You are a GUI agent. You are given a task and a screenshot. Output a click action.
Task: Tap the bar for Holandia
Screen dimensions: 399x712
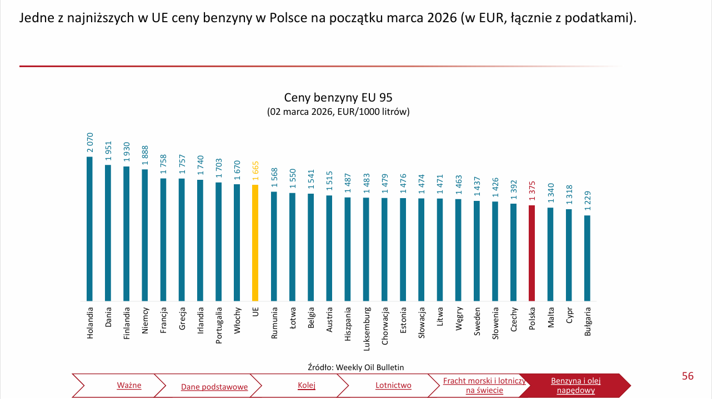pos(89,229)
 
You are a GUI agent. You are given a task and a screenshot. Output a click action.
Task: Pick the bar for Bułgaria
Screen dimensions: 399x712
pos(587,258)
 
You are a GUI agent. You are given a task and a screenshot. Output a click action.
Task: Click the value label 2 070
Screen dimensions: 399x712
pos(89,143)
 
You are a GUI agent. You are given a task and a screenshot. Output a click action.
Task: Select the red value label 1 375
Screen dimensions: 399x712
pos(532,191)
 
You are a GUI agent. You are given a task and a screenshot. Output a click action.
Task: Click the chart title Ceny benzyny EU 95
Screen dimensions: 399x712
pos(338,98)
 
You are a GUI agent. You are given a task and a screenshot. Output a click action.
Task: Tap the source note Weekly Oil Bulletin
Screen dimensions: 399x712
pos(355,367)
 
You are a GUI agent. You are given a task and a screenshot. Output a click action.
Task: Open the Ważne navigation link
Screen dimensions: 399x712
pos(129,385)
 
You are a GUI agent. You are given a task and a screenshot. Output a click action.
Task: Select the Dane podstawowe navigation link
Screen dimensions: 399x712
pos(214,387)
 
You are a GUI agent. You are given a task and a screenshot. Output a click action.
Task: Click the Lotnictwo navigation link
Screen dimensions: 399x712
pos(393,385)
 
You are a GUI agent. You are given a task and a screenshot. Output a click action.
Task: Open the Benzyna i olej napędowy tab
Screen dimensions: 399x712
pos(575,386)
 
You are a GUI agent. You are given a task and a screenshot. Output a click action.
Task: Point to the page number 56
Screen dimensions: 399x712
pos(688,376)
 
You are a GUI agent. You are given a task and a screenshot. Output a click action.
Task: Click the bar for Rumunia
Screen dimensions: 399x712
pos(274,246)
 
